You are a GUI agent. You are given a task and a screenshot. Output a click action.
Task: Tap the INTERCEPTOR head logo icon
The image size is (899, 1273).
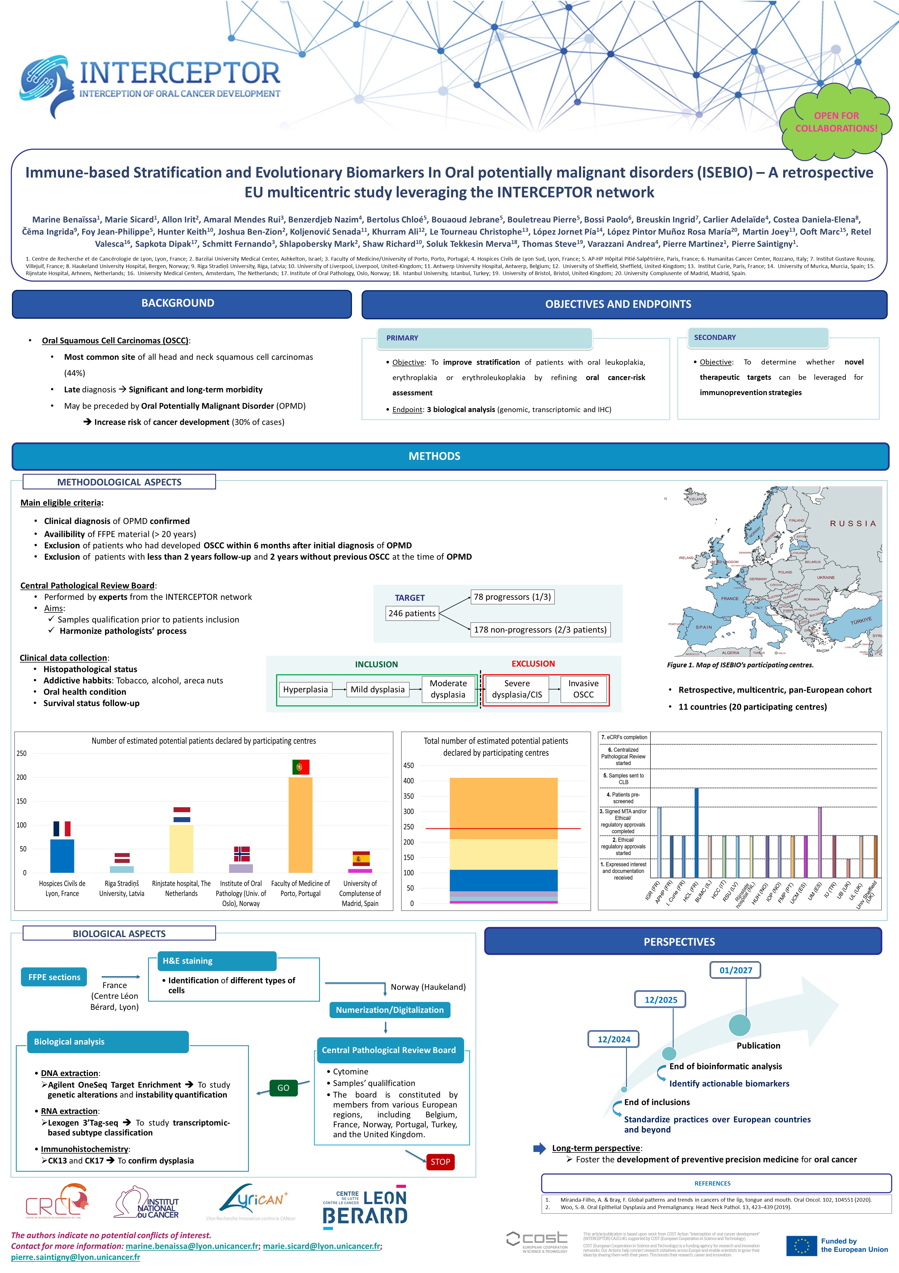point(47,86)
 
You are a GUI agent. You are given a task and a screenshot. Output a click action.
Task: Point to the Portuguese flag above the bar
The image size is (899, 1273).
point(301,767)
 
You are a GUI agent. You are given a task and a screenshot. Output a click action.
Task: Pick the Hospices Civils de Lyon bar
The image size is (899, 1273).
point(62,856)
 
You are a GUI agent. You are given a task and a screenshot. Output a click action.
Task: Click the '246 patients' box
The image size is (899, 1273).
point(412,613)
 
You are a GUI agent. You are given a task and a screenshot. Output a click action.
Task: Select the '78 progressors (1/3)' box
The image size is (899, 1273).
point(513,597)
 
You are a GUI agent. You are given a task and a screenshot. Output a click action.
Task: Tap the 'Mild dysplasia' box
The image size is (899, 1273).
point(378,690)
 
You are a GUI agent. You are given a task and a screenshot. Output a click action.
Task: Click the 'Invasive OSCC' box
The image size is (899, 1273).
point(584,689)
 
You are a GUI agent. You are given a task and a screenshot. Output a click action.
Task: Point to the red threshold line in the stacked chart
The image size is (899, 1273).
point(503,828)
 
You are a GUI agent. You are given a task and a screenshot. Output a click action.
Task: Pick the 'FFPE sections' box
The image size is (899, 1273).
point(54,977)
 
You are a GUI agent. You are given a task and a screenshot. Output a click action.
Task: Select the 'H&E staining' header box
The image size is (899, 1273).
point(212,961)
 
